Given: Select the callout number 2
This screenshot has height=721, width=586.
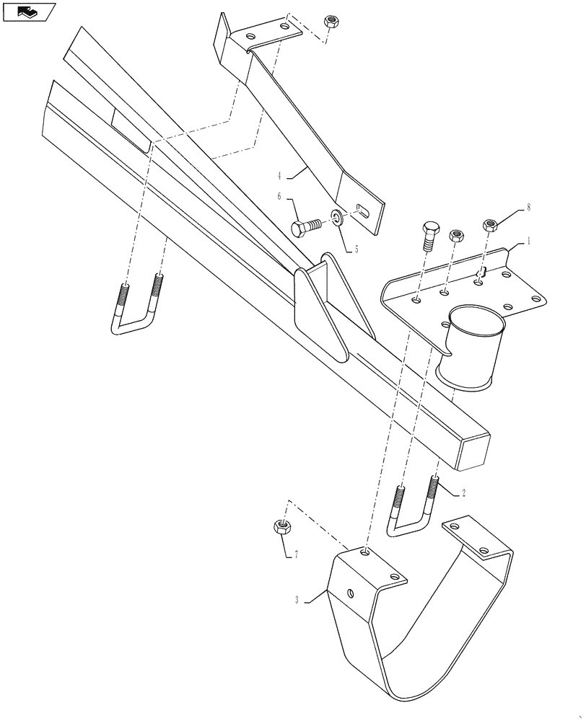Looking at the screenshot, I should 463,492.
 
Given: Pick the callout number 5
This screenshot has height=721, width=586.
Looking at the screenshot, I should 354,249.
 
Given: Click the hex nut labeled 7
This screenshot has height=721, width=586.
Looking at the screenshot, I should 283,526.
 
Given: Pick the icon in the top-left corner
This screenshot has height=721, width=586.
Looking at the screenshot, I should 29,11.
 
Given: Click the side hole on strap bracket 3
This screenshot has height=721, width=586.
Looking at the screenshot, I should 350,593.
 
